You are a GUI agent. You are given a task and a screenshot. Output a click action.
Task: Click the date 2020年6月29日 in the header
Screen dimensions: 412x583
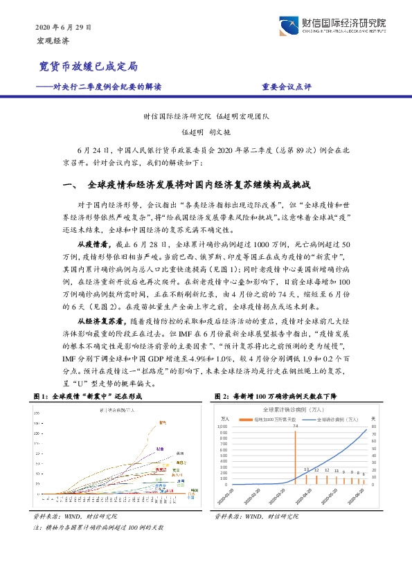(x=62, y=27)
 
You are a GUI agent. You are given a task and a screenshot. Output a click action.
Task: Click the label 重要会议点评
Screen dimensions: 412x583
(x=287, y=87)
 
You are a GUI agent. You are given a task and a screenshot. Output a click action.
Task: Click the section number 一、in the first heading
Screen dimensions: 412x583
(x=72, y=186)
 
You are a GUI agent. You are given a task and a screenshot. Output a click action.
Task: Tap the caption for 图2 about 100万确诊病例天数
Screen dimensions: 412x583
(x=277, y=395)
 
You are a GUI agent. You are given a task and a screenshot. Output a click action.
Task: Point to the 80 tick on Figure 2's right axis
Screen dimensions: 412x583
(x=374, y=427)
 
